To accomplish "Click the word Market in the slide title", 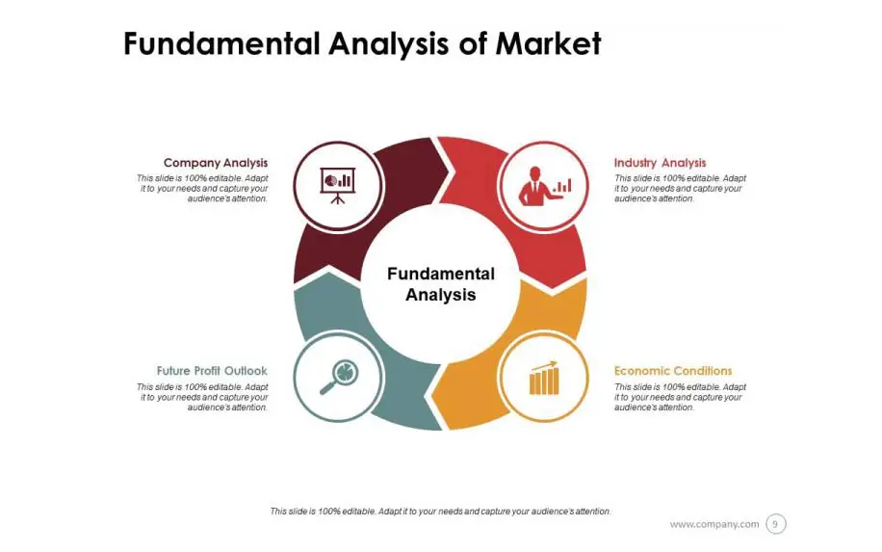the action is tap(548, 43).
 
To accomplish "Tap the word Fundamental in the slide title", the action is tap(222, 43).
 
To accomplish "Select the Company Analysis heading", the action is tap(216, 163).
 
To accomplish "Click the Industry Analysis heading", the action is tap(660, 163).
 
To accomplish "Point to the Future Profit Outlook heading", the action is tap(212, 371).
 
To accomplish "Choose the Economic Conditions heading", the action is tap(673, 371).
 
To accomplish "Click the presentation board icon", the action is tap(338, 185).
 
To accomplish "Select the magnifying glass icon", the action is tap(339, 377).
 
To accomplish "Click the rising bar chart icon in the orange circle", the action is tap(544, 378).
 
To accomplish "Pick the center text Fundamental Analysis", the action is tap(441, 284).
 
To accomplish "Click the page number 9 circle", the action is tap(775, 524).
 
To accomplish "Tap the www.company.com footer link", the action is tap(714, 524).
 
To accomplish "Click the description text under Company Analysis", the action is tap(202, 189).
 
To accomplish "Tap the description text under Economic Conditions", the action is tap(680, 397).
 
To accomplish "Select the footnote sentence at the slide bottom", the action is tap(440, 512).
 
